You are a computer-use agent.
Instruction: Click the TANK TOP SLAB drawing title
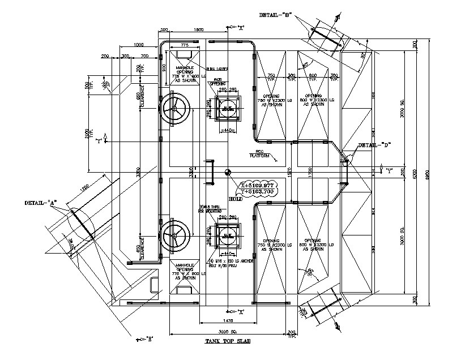228,341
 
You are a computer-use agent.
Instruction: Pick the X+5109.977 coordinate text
257,185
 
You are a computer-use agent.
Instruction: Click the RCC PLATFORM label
257,153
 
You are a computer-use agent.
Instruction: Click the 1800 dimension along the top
198,29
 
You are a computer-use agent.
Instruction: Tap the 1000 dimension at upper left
137,45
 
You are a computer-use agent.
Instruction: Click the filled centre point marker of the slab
227,173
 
